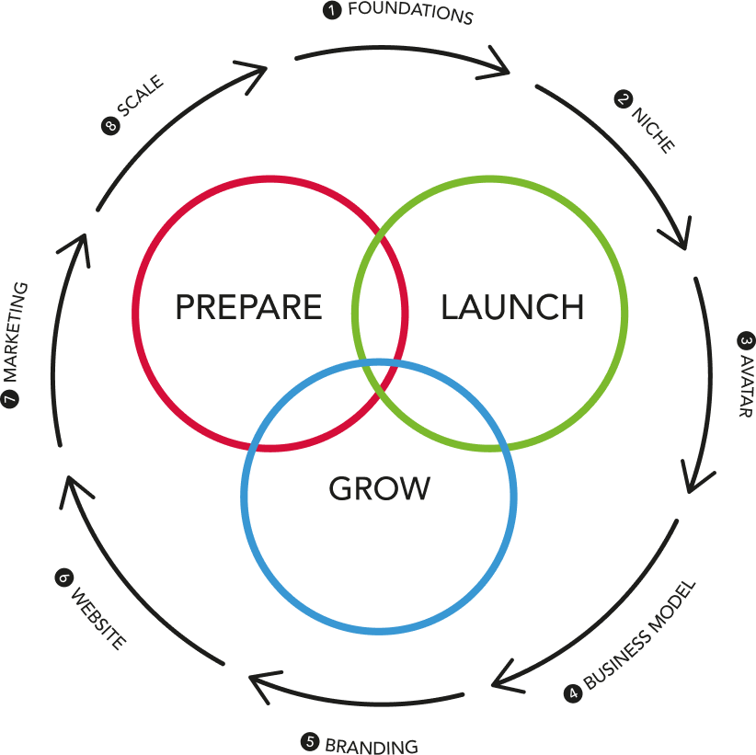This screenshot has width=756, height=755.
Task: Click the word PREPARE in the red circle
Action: click(248, 307)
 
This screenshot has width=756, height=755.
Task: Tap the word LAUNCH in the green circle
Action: click(512, 307)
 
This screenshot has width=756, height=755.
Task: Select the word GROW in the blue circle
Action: click(379, 488)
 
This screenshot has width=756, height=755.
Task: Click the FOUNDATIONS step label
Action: click(410, 14)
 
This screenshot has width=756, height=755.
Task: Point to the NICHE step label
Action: click(652, 130)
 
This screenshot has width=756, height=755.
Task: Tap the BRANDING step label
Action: click(371, 745)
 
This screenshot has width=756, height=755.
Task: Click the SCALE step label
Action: click(141, 97)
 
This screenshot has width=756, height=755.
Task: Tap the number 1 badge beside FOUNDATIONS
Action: click(330, 11)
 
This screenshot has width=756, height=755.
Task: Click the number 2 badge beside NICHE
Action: click(624, 99)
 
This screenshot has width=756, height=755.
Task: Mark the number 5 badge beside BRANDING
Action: click(310, 741)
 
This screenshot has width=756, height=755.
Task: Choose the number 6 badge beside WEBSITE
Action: click(63, 578)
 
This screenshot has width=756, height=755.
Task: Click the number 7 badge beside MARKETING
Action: click(11, 398)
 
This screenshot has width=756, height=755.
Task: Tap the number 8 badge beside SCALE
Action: click(110, 126)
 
